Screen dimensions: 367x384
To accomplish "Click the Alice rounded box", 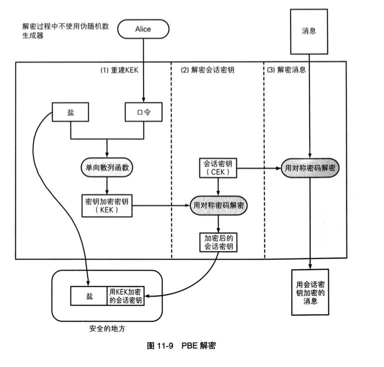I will (143, 29).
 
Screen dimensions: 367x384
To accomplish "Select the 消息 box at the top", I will (309, 30).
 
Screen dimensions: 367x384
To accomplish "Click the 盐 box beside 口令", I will (70, 112).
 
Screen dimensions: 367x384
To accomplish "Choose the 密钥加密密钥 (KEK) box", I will (107, 205).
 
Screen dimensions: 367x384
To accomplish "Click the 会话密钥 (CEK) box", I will (217, 168).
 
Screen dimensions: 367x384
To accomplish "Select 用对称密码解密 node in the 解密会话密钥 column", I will (218, 205).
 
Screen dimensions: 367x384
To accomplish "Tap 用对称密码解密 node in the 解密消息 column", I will (310, 168).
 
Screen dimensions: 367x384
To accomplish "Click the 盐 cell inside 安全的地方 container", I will (89, 296).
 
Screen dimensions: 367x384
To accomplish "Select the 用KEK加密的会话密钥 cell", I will (126, 296).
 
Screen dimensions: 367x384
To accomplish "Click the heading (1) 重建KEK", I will (119, 70).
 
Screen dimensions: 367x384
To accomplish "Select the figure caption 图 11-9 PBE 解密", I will (182, 347).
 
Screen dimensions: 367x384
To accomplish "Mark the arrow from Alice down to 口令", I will (143, 70).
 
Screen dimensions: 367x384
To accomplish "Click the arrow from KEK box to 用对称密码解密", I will (160, 205).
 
